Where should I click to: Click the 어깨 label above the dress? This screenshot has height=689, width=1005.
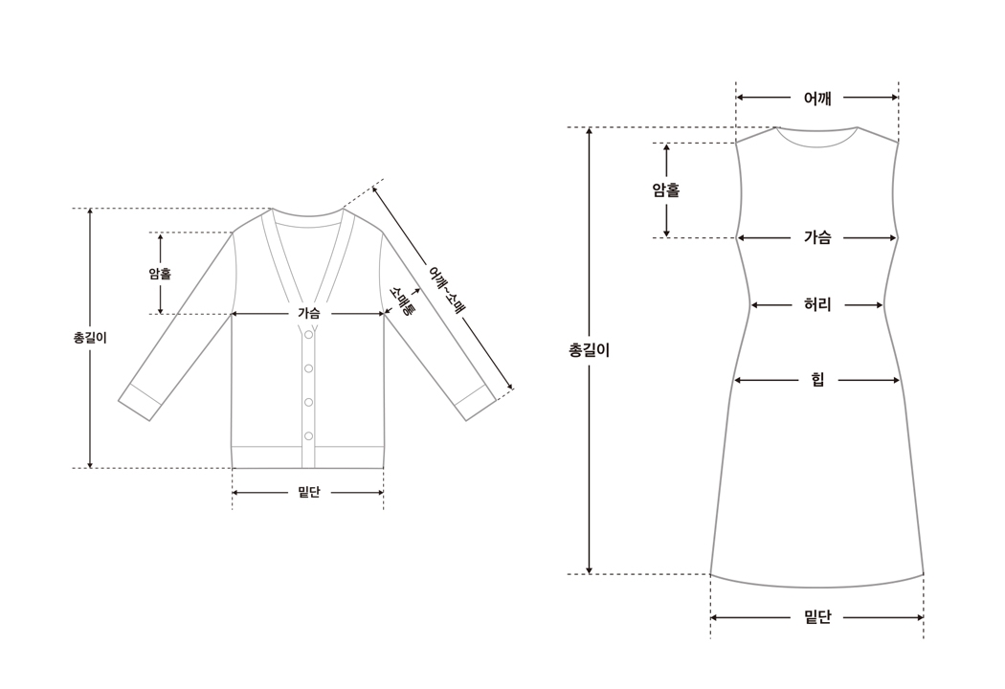817,98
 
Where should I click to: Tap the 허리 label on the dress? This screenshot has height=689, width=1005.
817,305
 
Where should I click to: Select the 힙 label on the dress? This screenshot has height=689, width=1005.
817,381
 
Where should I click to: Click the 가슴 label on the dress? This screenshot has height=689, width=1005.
817,238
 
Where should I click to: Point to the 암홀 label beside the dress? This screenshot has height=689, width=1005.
666,190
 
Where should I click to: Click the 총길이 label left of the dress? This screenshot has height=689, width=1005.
590,350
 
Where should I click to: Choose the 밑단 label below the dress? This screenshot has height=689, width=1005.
817,618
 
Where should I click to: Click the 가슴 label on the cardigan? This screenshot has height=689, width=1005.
308,313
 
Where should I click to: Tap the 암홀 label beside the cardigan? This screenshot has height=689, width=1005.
160,274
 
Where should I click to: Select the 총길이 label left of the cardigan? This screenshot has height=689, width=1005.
90,338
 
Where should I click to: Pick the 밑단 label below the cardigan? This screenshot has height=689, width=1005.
308,493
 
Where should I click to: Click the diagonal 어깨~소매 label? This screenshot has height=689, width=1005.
446,291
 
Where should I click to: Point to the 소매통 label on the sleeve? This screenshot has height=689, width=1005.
401,300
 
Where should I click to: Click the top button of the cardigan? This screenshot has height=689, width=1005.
308,335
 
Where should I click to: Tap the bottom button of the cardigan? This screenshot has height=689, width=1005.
308,436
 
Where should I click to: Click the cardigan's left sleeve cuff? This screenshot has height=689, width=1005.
140,402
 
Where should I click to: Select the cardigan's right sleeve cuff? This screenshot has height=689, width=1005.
475,403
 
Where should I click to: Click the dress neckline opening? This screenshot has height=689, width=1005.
816,137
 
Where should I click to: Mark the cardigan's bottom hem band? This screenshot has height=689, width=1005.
308,456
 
